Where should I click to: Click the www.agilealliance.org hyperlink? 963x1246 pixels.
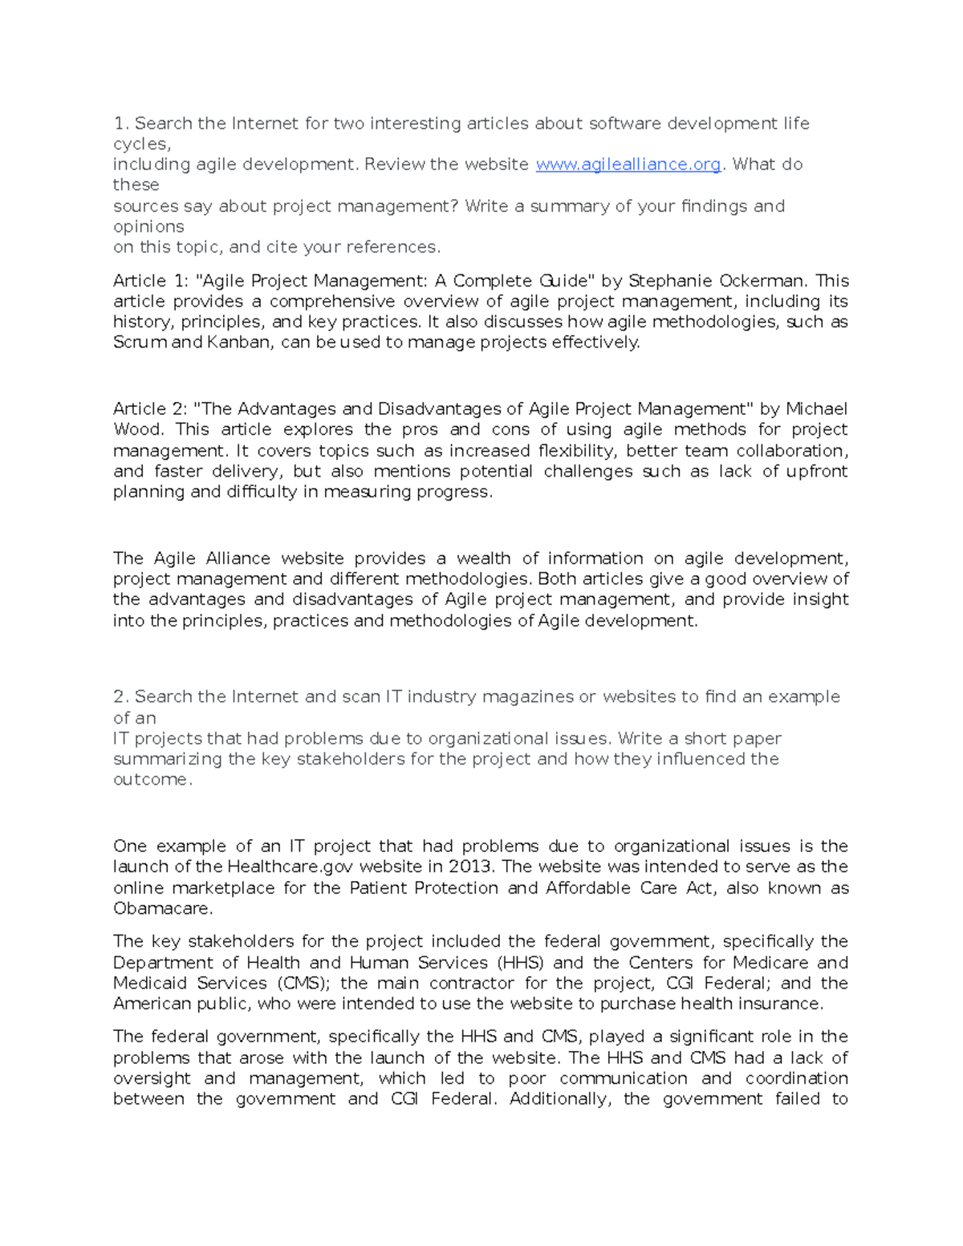point(628,164)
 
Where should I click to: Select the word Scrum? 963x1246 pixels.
point(140,343)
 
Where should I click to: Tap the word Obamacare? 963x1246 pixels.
point(162,908)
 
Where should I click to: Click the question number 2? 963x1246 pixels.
point(120,696)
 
